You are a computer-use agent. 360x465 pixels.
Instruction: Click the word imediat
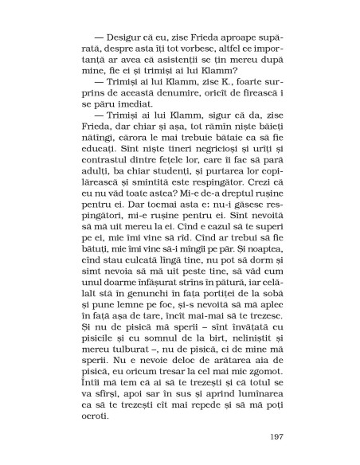[x=128, y=115]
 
